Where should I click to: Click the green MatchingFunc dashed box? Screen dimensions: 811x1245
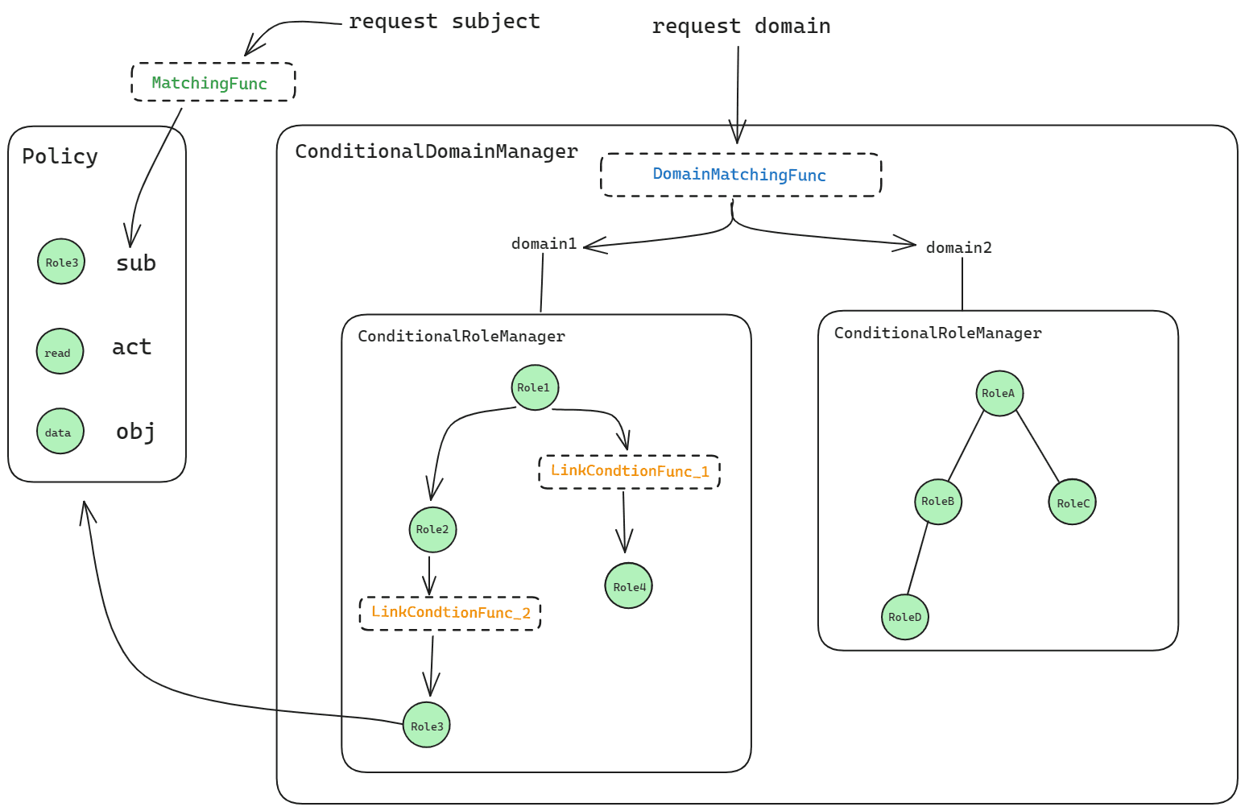point(213,82)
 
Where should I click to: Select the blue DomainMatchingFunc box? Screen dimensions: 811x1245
point(741,175)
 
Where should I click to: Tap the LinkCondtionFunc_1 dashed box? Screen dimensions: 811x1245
point(629,472)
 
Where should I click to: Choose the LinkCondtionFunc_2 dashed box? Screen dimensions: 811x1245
point(450,614)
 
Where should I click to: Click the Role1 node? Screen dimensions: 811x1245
point(535,387)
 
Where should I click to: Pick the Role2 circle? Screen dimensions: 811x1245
point(432,529)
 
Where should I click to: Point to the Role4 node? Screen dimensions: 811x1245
point(628,586)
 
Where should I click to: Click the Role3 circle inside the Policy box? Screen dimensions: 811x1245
point(61,262)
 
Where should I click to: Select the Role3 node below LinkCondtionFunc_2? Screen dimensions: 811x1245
point(426,725)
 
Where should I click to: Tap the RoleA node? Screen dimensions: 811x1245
point(999,393)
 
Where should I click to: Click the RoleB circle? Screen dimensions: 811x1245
point(938,501)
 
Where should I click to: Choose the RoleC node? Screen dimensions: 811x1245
point(1072,503)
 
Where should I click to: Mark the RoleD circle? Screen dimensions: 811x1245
point(905,617)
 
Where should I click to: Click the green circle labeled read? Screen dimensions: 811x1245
point(60,351)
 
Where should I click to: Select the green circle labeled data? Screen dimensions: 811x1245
point(60,431)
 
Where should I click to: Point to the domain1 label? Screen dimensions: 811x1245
point(544,244)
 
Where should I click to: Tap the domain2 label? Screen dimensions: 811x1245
point(958,248)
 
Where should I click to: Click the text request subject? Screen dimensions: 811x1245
point(444,22)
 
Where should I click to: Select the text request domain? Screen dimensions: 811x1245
point(741,27)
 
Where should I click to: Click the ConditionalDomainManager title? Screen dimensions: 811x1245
point(436,151)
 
